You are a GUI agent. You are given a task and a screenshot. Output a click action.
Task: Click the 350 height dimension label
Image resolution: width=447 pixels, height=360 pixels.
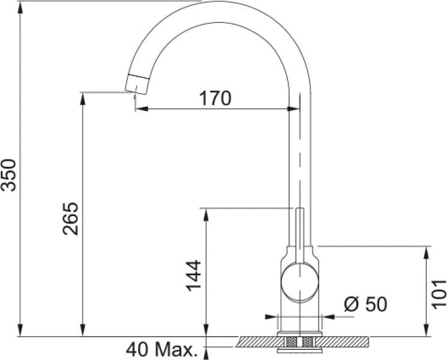coord(8,175)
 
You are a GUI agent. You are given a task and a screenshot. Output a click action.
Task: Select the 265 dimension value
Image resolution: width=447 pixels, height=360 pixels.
coord(70,218)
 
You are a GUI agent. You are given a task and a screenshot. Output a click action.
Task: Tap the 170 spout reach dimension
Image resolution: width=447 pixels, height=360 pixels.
coord(215,98)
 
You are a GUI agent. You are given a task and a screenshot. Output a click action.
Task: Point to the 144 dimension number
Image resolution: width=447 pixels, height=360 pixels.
coord(193,275)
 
